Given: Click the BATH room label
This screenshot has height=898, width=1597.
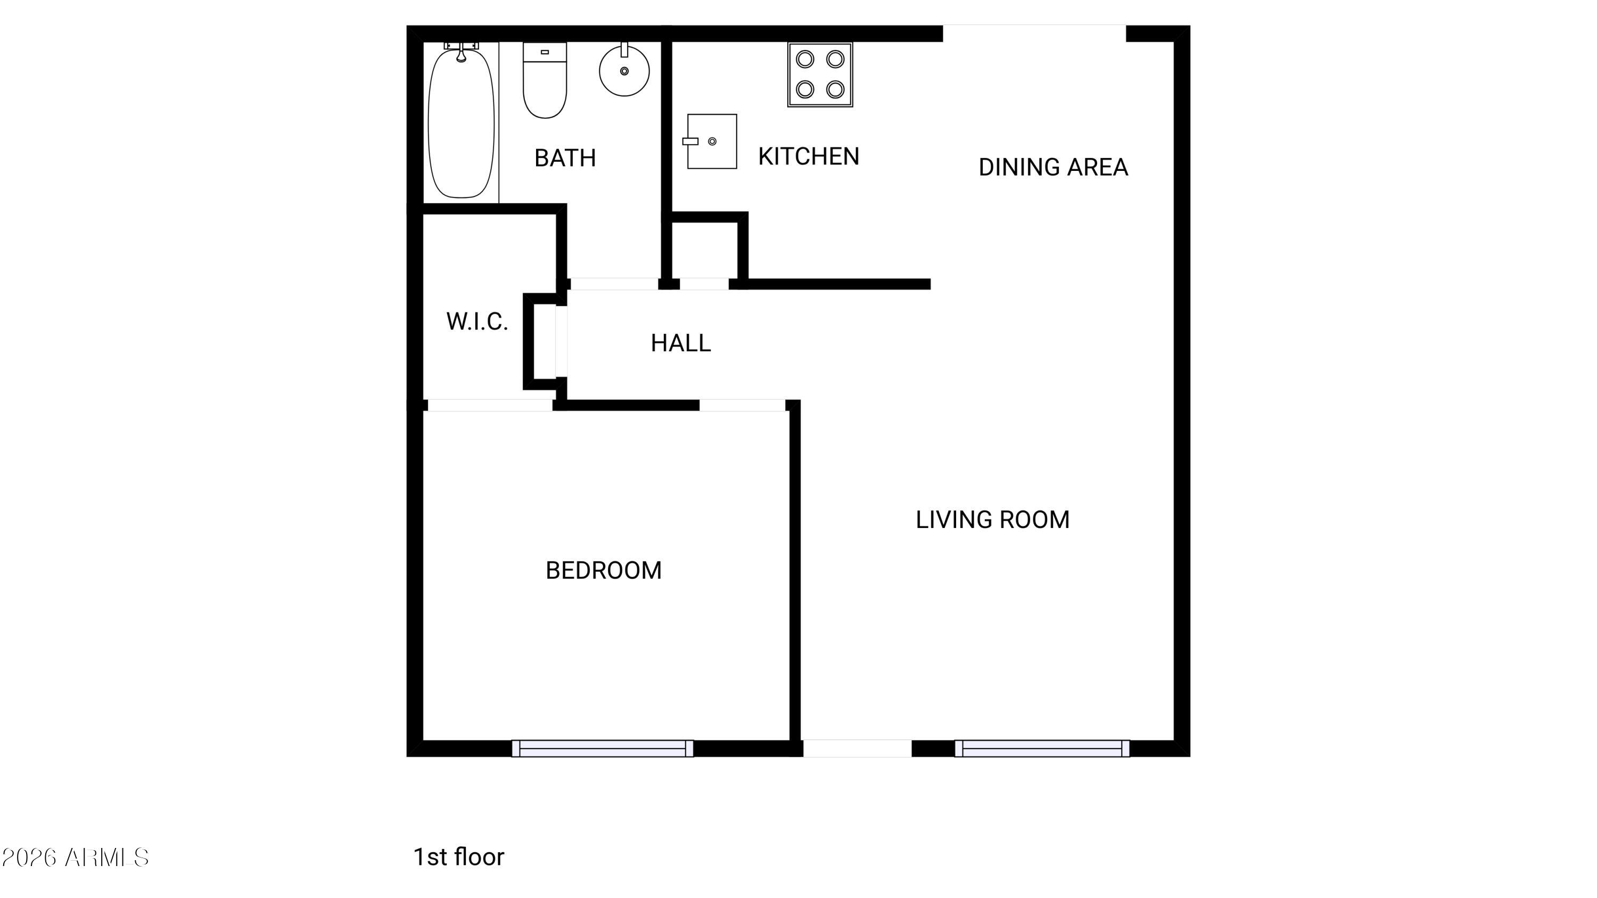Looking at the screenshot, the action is (565, 158).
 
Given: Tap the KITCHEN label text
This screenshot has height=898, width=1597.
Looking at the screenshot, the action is (809, 156).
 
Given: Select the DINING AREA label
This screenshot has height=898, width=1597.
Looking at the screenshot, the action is (1052, 167).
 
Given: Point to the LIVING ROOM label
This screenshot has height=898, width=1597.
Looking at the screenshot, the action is (993, 520).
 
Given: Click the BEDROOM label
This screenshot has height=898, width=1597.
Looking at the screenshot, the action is (603, 570).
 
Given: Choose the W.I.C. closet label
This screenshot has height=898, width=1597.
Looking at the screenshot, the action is (477, 321).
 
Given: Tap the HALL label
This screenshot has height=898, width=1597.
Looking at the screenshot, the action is (681, 343).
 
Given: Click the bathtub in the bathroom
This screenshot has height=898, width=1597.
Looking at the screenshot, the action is (461, 122).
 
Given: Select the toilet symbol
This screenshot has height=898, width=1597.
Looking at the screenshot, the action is (545, 80).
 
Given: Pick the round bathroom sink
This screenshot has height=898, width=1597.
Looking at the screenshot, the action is (624, 71).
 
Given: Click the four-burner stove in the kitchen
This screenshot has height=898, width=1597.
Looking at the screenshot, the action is (820, 75).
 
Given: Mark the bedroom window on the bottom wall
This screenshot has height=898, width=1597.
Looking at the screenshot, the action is (603, 748).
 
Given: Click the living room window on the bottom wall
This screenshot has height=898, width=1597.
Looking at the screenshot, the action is (1042, 748).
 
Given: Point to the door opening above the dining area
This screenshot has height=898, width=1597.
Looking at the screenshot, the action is (1034, 34).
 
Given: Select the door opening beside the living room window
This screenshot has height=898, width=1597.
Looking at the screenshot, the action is (858, 748).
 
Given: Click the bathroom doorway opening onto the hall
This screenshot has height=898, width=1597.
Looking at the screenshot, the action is (614, 284).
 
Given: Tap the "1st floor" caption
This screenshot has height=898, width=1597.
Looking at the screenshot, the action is (459, 857).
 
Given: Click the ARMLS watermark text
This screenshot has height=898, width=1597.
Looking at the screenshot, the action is (75, 858).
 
